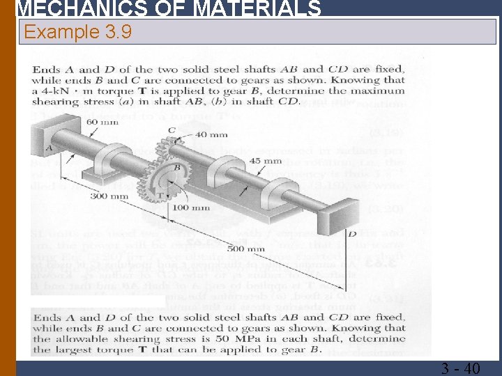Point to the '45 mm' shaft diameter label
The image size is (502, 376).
point(265,162)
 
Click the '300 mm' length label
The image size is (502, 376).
point(104,196)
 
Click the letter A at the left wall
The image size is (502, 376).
point(49,148)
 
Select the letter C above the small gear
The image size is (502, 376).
point(172,130)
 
